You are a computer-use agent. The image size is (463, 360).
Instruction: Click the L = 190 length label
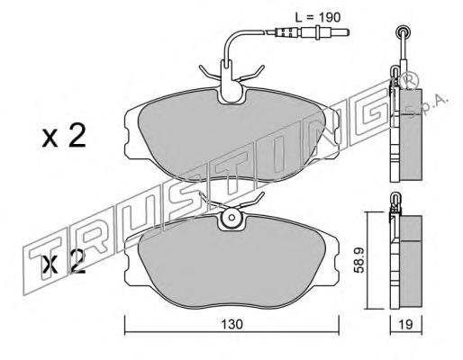pyautogui.click(x=318, y=17)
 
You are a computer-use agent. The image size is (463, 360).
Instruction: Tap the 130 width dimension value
pyautogui.click(x=231, y=324)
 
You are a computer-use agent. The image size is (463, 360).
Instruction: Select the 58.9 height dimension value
pyautogui.click(x=359, y=260)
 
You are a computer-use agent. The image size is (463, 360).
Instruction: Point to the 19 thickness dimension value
pyautogui.click(x=406, y=324)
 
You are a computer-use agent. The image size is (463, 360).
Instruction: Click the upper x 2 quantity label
pyautogui.click(x=64, y=136)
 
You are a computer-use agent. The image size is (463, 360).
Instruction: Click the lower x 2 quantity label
pyautogui.click(x=64, y=261)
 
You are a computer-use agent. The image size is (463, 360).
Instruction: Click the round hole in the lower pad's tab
pyautogui.click(x=231, y=217)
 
